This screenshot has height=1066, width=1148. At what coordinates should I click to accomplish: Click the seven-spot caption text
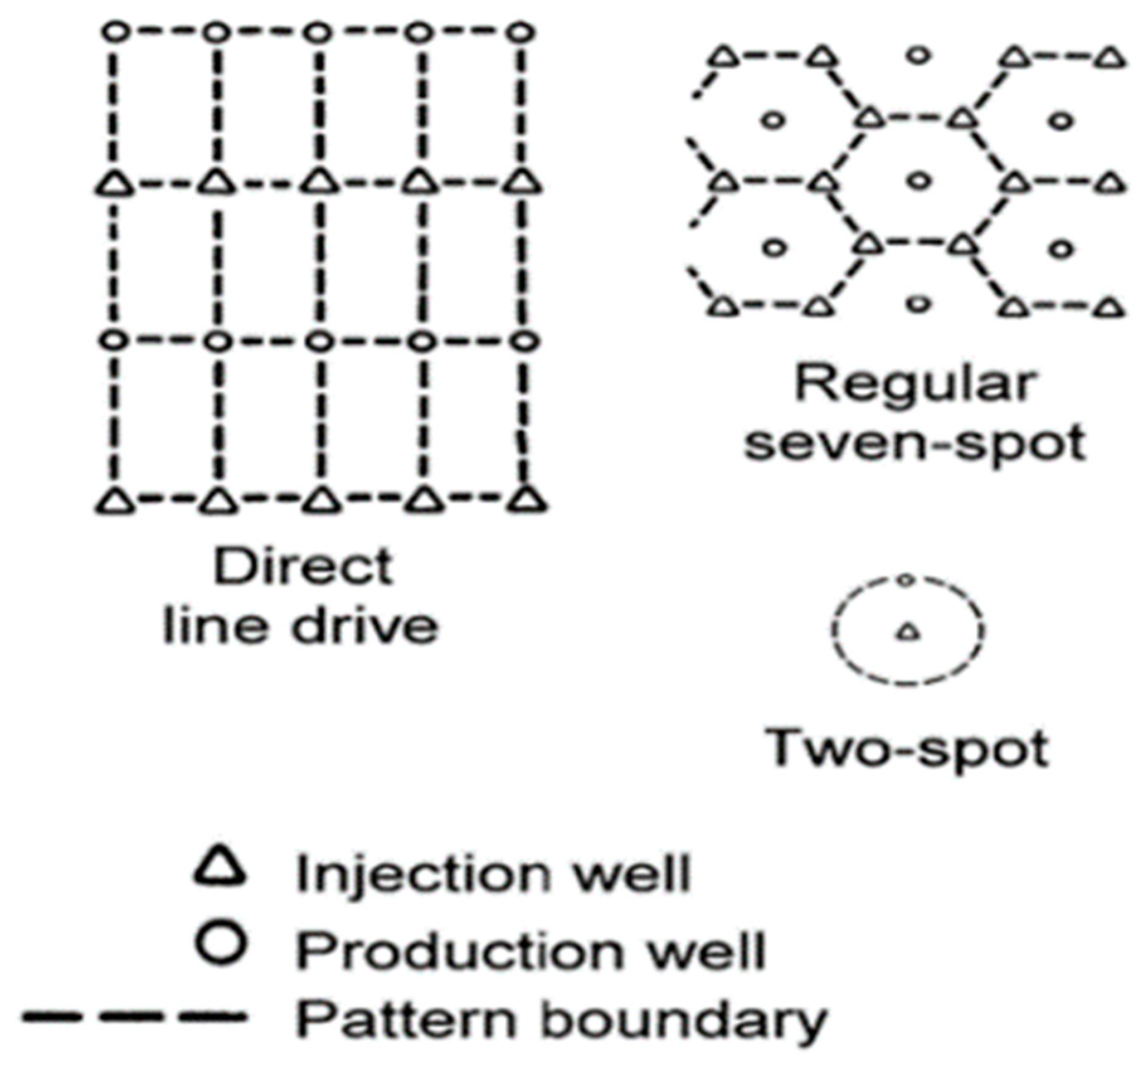point(916,442)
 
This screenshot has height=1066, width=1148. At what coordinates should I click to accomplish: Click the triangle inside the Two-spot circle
point(908,631)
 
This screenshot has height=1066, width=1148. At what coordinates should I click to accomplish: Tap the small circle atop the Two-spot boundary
point(905,580)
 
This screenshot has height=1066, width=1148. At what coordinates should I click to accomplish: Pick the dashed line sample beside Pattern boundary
point(133,1015)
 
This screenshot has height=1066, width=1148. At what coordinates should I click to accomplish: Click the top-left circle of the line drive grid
point(115,31)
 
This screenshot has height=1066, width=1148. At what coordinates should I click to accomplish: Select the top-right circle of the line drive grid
point(522,31)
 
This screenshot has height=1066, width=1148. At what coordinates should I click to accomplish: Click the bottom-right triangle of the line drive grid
point(527,500)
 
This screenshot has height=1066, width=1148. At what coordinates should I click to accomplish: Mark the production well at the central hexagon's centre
point(918,181)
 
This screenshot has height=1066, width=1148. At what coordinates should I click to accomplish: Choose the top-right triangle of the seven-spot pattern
point(1110,59)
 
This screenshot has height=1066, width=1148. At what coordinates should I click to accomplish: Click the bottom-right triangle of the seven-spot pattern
point(1110,308)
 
